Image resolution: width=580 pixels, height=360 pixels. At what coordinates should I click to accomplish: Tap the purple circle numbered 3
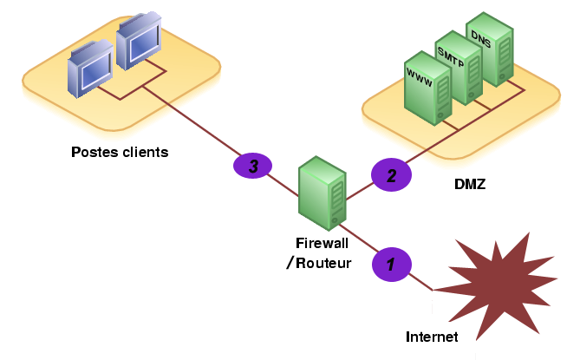point(252,166)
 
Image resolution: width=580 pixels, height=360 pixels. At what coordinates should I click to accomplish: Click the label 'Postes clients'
point(120,153)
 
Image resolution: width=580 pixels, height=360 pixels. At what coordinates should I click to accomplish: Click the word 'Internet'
point(432,337)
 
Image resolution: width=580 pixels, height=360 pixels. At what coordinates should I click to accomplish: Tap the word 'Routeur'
point(323,263)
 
